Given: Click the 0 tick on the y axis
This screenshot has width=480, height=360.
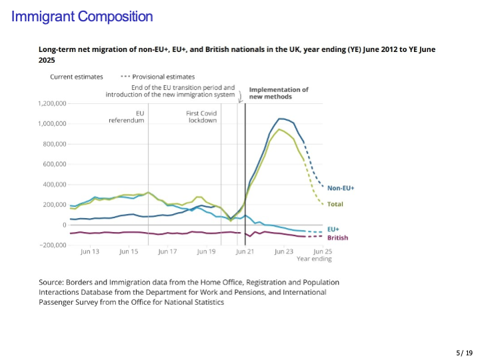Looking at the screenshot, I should point(64,225).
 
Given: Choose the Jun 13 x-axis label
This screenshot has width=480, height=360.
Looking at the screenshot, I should point(90,252).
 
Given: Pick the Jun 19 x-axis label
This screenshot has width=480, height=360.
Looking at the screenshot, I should point(207,252).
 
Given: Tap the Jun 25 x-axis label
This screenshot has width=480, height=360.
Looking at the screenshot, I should point(323,252).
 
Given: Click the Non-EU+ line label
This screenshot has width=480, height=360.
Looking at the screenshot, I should point(341,188).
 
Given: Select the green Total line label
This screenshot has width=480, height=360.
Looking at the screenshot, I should point(335,203).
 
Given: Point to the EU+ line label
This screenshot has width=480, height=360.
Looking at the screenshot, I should point(334,229).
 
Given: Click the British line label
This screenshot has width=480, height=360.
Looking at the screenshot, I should point(337,237).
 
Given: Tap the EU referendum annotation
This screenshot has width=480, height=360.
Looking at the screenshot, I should point(127,117).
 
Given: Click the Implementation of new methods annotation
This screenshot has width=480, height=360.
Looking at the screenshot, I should point(279,93).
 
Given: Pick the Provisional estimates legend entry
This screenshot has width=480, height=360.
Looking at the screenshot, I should point(162,77).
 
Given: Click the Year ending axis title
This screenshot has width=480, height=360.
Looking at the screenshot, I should point(314,259).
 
